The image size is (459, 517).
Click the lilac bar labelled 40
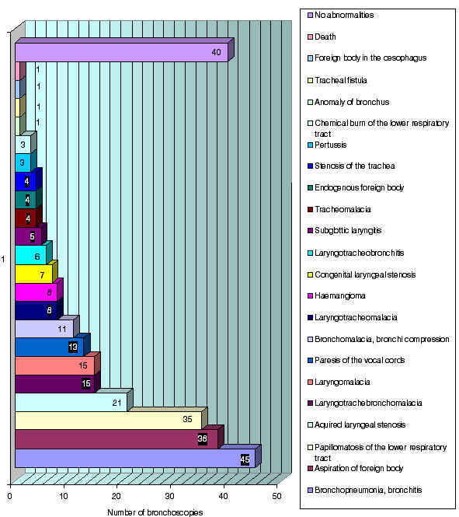click(122, 52)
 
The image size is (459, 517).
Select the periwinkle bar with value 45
click(135, 459)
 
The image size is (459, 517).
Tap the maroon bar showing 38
click(116, 439)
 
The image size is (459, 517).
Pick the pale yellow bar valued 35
click(108, 421)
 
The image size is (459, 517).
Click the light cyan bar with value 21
click(71, 402)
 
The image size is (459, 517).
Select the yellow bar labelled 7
click(34, 274)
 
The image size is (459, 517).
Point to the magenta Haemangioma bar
click(37, 292)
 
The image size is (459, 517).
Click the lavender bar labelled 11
click(44, 329)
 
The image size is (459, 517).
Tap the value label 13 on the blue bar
click(73, 347)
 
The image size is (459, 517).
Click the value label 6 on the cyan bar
click(37, 257)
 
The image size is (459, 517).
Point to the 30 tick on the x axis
click(170, 496)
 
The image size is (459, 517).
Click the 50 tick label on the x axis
click(277, 496)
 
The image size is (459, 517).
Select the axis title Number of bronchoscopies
click(155, 512)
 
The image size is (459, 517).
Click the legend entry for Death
click(322, 37)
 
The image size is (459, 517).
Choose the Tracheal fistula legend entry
click(337, 80)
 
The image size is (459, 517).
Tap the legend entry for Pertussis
click(327, 145)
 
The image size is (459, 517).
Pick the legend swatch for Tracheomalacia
click(310, 210)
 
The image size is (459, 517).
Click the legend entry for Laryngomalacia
click(339, 382)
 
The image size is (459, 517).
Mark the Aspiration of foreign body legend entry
click(355, 468)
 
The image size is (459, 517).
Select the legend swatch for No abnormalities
click(310, 16)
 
